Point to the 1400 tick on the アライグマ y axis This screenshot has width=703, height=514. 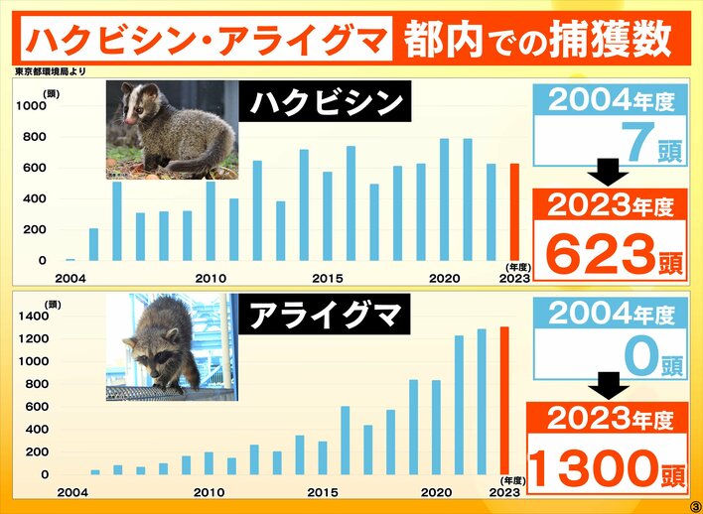click(x=33, y=317)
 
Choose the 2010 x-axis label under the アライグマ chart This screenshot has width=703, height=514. click(x=209, y=492)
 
